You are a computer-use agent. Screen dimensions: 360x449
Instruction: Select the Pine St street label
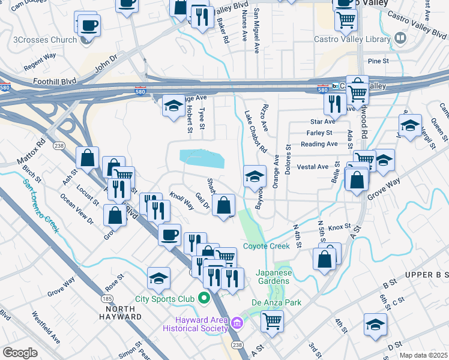pyautogui.click(x=379, y=61)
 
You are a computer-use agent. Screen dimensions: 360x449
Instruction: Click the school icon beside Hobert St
pyautogui.click(x=173, y=106)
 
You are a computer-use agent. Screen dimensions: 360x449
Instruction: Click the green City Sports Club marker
pyautogui.click(x=204, y=298)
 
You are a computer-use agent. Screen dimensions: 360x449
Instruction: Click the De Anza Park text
pyautogui.click(x=277, y=303)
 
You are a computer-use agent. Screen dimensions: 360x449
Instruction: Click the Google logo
pyautogui.click(x=20, y=352)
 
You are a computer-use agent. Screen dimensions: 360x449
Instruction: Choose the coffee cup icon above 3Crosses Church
pyautogui.click(x=89, y=26)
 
